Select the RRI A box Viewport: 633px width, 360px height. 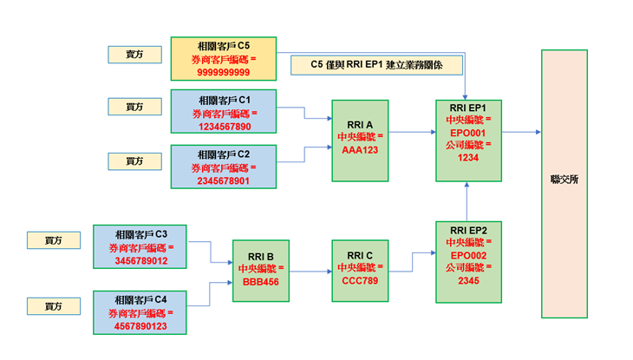(x=360, y=141)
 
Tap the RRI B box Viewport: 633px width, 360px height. (x=261, y=270)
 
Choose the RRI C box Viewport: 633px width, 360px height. (x=360, y=270)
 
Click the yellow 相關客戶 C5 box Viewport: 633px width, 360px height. (x=223, y=60)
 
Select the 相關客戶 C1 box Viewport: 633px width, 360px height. (x=223, y=111)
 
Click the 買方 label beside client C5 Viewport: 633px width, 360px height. (x=134, y=55)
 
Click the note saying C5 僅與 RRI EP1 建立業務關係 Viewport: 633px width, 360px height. (x=375, y=64)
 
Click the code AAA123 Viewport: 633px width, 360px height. (x=360, y=149)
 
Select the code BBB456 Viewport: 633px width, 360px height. (x=261, y=282)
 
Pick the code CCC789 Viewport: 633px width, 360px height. (x=360, y=282)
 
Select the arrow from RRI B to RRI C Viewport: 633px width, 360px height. (x=310, y=270)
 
